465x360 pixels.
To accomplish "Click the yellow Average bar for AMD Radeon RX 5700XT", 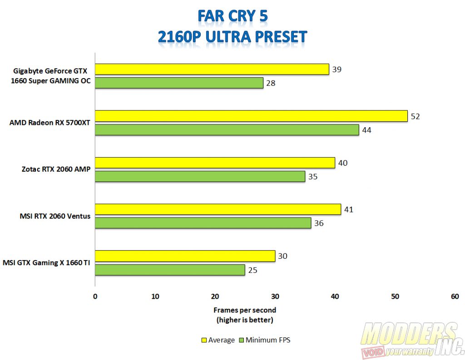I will pos(251,116).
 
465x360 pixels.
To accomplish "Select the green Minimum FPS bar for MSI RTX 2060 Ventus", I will pos(203,223).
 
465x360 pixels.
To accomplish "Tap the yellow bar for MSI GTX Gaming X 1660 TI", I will pos(185,256).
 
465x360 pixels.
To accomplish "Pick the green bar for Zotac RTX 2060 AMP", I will pos(200,176).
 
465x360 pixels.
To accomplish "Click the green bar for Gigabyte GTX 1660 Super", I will pos(179,83).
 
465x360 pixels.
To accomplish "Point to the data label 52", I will pos(416,116).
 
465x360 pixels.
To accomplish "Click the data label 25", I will pos(253,271).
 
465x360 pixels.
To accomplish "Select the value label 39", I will pos(336,69).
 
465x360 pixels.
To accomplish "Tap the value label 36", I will pos(319,223).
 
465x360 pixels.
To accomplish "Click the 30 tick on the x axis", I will pos(275,296).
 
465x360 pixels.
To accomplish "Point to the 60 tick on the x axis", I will pos(455,296).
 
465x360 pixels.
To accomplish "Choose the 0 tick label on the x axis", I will pos(95,296).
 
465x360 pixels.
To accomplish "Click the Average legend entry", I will pos(219,340).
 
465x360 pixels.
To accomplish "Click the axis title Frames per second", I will pos(245,310).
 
